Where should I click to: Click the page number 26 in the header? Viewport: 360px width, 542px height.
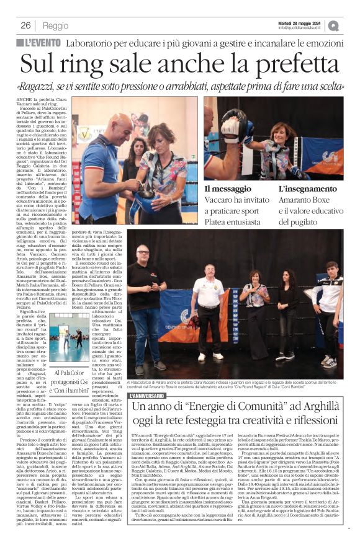pyautogui.click(x=26, y=25)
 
